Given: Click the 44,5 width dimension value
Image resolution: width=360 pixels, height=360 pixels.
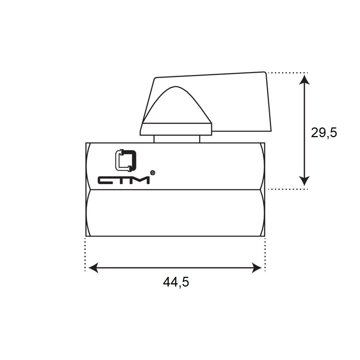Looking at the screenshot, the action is (x=176, y=282).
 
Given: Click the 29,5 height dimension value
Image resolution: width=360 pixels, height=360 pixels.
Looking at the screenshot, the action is (x=324, y=133).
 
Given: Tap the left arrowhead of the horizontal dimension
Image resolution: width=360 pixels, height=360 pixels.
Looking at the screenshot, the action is (x=93, y=268).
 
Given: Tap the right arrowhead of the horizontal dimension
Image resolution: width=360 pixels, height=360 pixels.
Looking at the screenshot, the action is (x=257, y=268).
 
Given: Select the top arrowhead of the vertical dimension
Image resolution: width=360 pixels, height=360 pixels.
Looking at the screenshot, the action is (x=305, y=80).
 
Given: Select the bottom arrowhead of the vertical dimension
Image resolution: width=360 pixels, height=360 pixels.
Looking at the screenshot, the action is (x=305, y=181).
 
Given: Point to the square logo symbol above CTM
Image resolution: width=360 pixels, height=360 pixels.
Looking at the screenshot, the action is (x=125, y=161).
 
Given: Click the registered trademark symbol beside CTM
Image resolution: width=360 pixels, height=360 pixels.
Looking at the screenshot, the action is (x=152, y=173).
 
